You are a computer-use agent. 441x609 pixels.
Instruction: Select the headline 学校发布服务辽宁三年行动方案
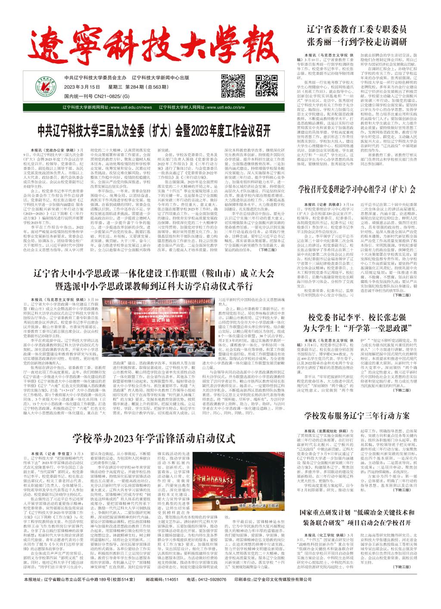(x=357, y=415)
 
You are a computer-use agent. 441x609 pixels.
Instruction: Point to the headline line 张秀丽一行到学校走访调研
(x=357, y=42)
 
